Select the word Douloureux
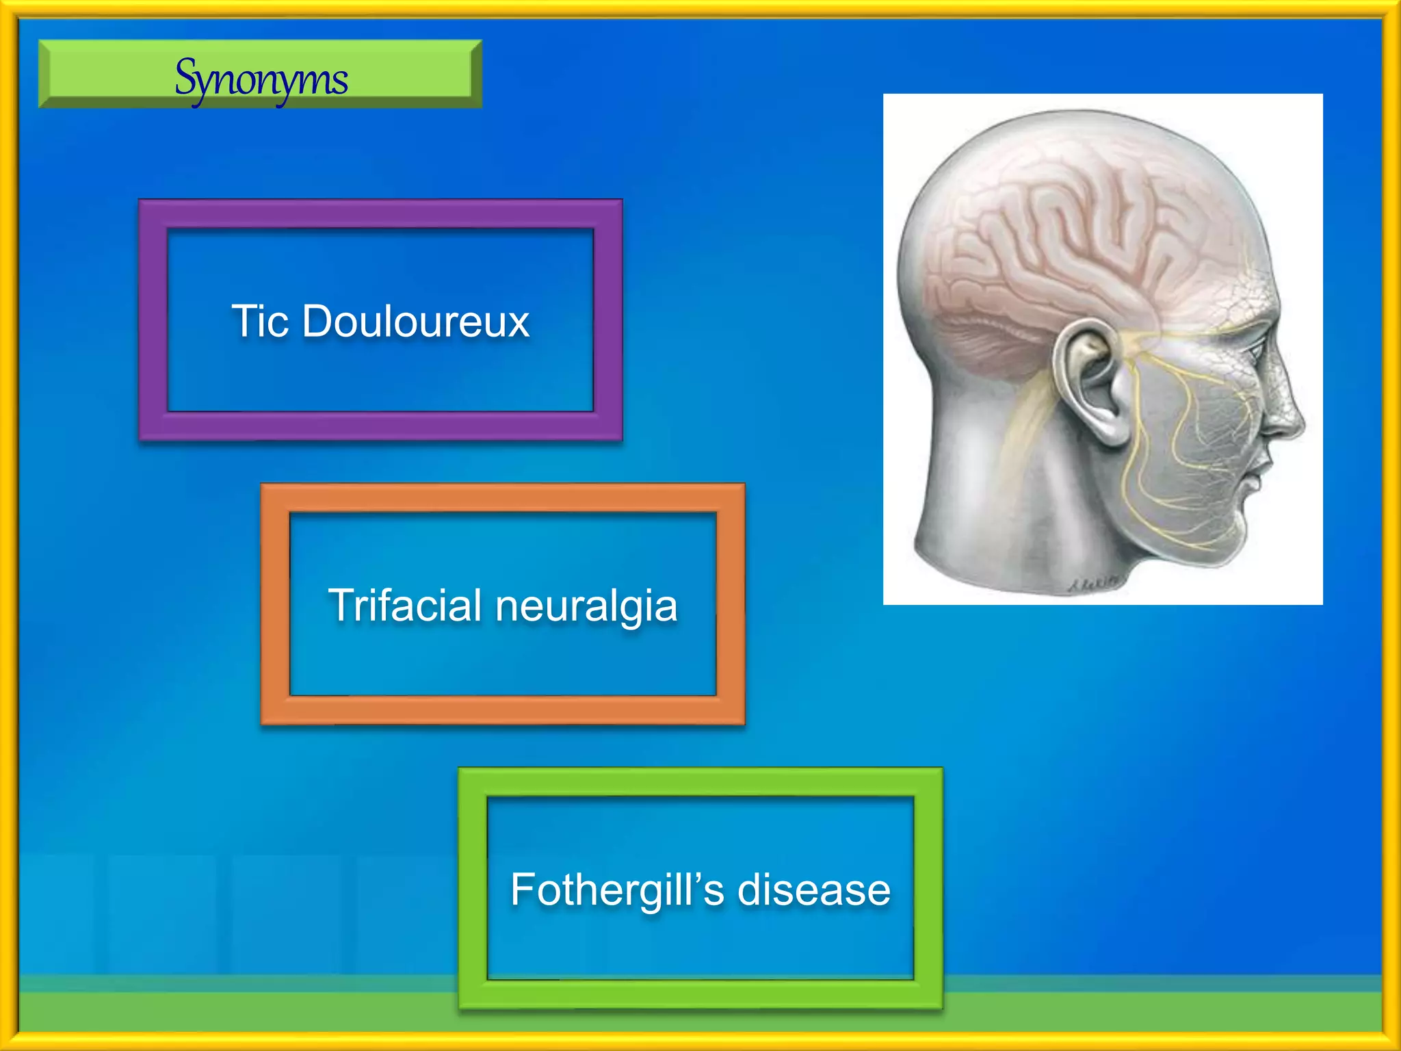coord(416,321)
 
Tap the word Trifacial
coord(405,606)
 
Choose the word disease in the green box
coord(814,890)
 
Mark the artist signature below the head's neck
coord(1092,583)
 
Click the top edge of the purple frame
coord(380,213)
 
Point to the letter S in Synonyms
coord(186,77)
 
